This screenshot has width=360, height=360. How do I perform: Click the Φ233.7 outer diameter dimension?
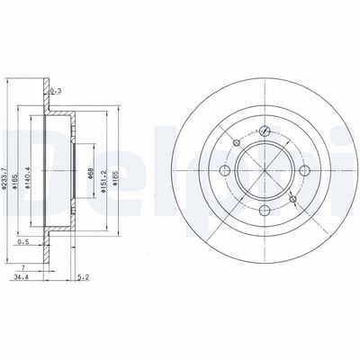(x=6, y=165)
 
